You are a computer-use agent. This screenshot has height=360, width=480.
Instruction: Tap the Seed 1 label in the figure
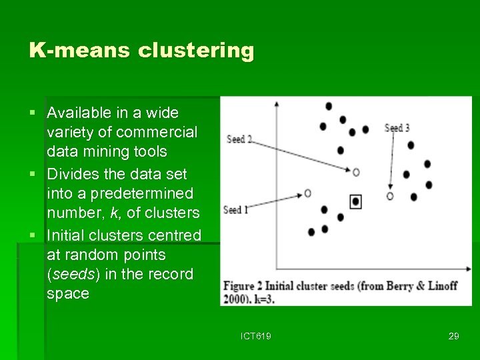(236, 210)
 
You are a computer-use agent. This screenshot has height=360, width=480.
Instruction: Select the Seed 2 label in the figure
(239, 139)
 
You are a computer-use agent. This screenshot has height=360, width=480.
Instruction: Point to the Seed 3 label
(397, 128)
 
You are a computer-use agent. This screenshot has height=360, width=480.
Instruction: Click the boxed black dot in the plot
(356, 201)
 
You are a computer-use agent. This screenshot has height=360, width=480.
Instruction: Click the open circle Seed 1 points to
(307, 193)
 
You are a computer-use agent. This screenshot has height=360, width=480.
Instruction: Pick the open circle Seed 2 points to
(356, 172)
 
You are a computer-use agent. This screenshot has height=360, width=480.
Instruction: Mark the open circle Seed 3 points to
(390, 196)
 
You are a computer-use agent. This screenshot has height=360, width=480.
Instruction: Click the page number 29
(453, 336)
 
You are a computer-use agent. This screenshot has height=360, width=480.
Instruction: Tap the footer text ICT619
(256, 336)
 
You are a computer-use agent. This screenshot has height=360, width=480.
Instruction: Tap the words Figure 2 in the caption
(248, 286)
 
